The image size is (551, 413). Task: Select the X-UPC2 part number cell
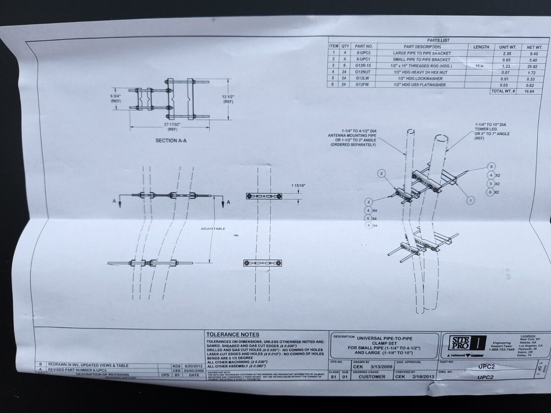pos(364,53)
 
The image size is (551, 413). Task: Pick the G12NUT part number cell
pos(364,72)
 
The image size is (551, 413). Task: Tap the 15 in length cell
pos(479,66)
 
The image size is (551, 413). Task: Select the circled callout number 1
pos(470,200)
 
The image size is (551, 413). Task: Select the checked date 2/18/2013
pos(427,378)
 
